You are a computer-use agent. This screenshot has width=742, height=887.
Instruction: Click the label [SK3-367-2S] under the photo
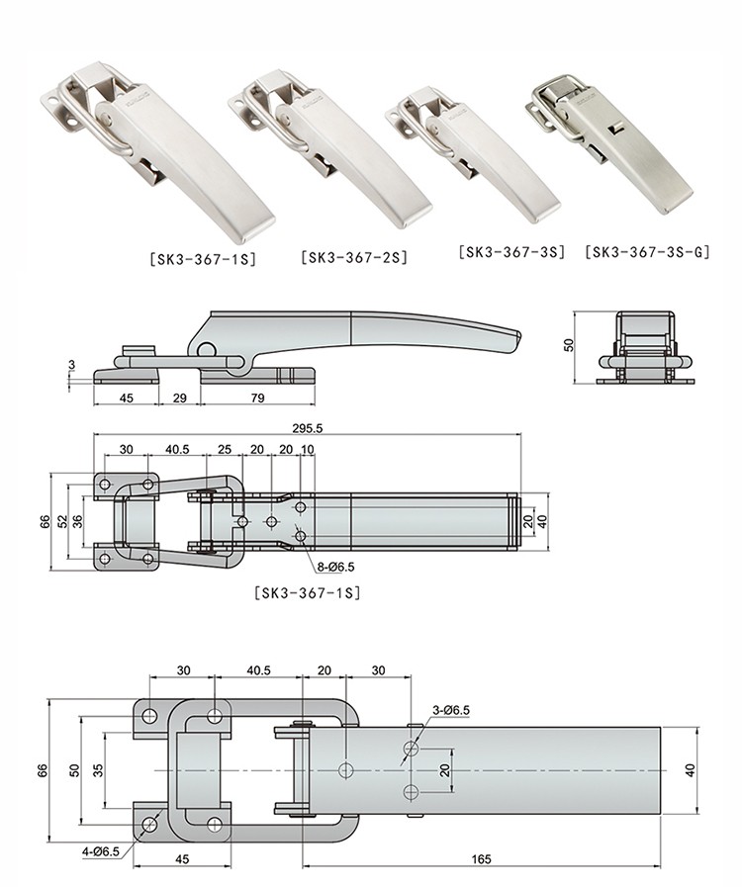click(x=353, y=258)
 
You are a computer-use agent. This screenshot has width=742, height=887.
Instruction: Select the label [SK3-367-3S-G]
click(x=648, y=252)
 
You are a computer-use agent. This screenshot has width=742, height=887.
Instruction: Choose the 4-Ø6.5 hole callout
click(x=104, y=847)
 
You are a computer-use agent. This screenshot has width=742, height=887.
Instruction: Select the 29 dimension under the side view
click(x=178, y=399)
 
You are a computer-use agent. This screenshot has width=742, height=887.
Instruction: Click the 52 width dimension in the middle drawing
click(x=61, y=520)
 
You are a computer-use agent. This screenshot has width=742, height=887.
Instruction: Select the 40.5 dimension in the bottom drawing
click(x=259, y=669)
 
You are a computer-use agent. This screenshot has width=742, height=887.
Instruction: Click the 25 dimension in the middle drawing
click(x=226, y=450)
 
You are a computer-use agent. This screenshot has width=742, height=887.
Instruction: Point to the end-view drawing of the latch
click(x=645, y=351)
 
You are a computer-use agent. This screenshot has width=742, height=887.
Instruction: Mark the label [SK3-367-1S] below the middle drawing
click(x=307, y=593)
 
